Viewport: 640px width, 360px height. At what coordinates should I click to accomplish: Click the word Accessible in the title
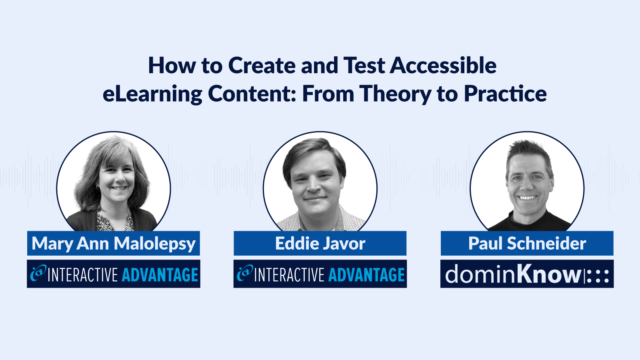(x=443, y=66)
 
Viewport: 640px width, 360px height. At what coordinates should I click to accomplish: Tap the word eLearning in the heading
(x=152, y=94)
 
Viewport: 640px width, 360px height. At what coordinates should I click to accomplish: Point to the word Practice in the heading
(x=505, y=94)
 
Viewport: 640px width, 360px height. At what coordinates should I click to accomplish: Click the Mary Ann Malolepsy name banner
(x=114, y=243)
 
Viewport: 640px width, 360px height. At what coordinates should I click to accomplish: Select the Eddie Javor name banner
(x=320, y=243)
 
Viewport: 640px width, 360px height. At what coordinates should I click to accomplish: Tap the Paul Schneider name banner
(x=527, y=243)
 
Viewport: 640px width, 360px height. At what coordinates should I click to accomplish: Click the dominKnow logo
(x=527, y=274)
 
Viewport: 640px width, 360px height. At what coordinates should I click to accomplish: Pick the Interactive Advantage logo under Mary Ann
(x=114, y=274)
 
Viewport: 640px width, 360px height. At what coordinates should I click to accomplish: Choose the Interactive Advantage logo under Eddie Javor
(x=320, y=274)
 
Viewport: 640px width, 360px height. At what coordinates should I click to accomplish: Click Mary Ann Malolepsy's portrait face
(x=116, y=176)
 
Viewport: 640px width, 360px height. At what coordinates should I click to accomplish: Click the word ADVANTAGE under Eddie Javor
(x=366, y=275)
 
